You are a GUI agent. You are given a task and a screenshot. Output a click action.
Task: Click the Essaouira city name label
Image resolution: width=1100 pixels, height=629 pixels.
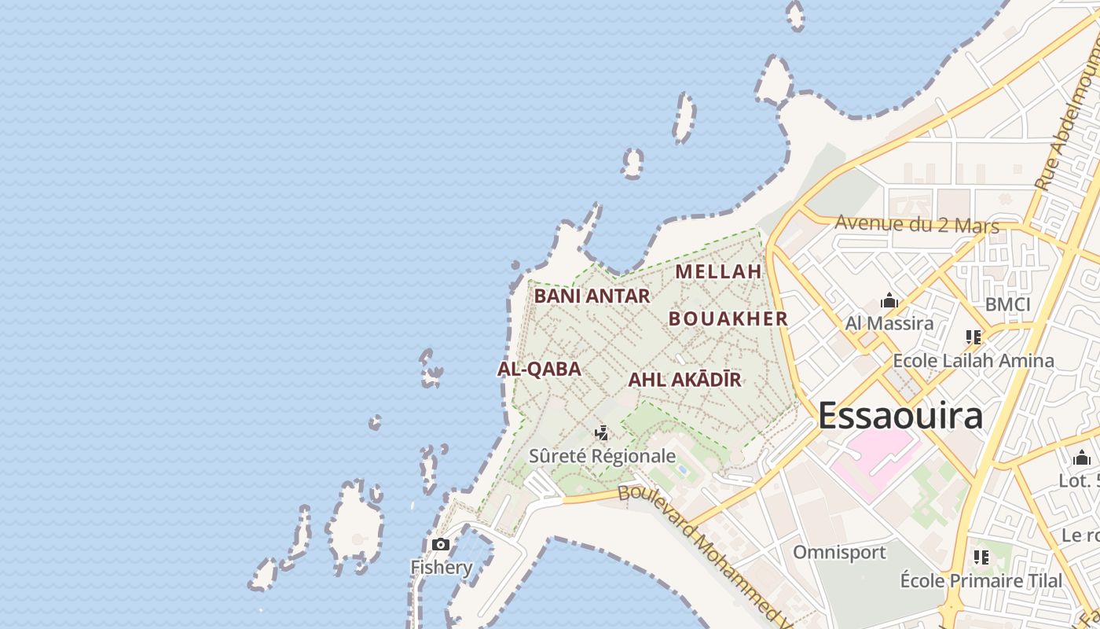coord(900,415)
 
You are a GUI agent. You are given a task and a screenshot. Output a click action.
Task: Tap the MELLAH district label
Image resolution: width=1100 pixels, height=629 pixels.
coord(719,272)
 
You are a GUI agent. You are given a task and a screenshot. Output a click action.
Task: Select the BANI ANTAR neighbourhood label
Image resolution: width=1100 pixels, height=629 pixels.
coord(592,296)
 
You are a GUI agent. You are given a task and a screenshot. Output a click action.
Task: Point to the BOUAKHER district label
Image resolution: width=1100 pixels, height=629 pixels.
coord(728,318)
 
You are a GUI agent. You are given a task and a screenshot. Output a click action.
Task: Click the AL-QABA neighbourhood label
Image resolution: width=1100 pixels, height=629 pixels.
coord(539,369)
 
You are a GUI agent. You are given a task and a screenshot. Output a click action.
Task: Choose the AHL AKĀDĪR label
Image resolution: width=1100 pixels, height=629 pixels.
coord(684,380)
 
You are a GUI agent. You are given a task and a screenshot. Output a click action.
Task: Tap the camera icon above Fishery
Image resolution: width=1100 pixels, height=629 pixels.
coord(441,544)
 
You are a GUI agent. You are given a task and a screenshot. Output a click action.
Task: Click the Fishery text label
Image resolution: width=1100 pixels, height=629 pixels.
coord(442,567)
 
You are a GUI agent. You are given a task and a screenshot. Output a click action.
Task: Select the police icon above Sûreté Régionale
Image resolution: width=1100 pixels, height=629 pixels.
coord(602,433)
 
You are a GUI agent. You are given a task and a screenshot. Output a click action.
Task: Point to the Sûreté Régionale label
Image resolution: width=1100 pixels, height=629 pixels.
coord(602,456)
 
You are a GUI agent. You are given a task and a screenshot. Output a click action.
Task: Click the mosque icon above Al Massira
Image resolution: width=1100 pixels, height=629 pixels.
coord(889,300)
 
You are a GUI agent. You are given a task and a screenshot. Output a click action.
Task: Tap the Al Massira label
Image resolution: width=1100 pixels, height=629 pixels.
coord(889,323)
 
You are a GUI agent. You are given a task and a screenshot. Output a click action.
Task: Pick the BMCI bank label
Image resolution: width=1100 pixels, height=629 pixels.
coord(1007,304)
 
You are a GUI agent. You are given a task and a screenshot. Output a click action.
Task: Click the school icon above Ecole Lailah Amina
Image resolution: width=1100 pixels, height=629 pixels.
coord(973,337)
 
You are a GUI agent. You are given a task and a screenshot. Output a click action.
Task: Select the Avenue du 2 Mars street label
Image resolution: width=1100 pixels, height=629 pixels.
coord(916,224)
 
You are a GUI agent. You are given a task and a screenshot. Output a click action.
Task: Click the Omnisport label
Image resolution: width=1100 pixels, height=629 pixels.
coord(839,552)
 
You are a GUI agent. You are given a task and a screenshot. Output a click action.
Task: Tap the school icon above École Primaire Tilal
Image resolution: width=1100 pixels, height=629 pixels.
coord(981,557)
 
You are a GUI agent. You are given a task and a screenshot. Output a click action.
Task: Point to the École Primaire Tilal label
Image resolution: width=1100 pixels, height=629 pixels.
coord(981,581)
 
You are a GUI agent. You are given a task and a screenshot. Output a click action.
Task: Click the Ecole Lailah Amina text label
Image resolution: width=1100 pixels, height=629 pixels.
coord(973,361)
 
